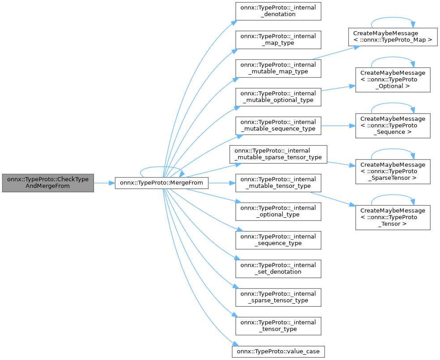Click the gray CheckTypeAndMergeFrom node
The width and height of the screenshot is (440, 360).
coord(48,182)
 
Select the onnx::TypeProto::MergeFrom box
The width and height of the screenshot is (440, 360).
coord(162,182)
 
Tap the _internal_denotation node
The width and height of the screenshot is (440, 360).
coord(278,11)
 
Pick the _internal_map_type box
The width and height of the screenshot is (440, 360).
coord(278,39)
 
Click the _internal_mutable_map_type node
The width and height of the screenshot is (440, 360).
coord(278,68)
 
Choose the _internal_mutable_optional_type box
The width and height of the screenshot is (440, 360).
coord(278,97)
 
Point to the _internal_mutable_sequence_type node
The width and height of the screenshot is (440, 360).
coord(278,125)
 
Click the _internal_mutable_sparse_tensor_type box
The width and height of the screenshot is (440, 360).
coord(278,154)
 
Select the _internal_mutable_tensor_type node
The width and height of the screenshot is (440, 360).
coord(278,182)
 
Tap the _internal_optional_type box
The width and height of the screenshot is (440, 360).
coord(278,211)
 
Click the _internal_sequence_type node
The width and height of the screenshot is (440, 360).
coord(278,240)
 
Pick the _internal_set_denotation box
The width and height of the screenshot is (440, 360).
coord(278,268)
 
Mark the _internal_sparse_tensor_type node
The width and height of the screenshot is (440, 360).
coord(278,297)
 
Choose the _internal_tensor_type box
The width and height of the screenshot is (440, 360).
coord(278,326)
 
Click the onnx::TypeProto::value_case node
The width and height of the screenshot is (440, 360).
coord(278,351)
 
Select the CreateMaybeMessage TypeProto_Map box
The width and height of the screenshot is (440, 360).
coord(393,37)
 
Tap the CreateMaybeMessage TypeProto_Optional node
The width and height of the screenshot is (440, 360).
coord(393,80)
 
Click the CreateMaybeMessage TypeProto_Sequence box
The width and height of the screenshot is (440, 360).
coord(393,125)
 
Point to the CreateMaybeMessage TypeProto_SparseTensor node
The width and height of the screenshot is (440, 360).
coord(393,171)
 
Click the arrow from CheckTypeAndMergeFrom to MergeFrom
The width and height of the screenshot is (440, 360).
coord(104,182)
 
